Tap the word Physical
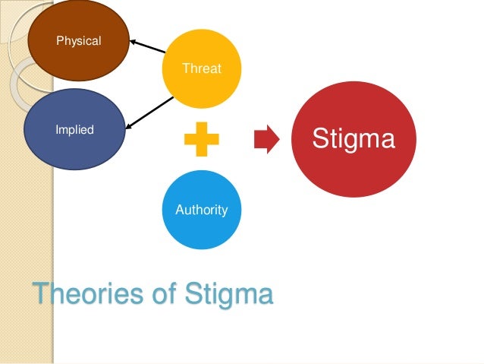79,41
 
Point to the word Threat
202,69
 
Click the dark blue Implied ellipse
74,129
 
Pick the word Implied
74,130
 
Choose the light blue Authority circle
201,210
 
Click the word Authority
201,210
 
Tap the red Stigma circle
354,139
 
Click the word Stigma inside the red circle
354,140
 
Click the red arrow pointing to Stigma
266,140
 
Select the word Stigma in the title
231,294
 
